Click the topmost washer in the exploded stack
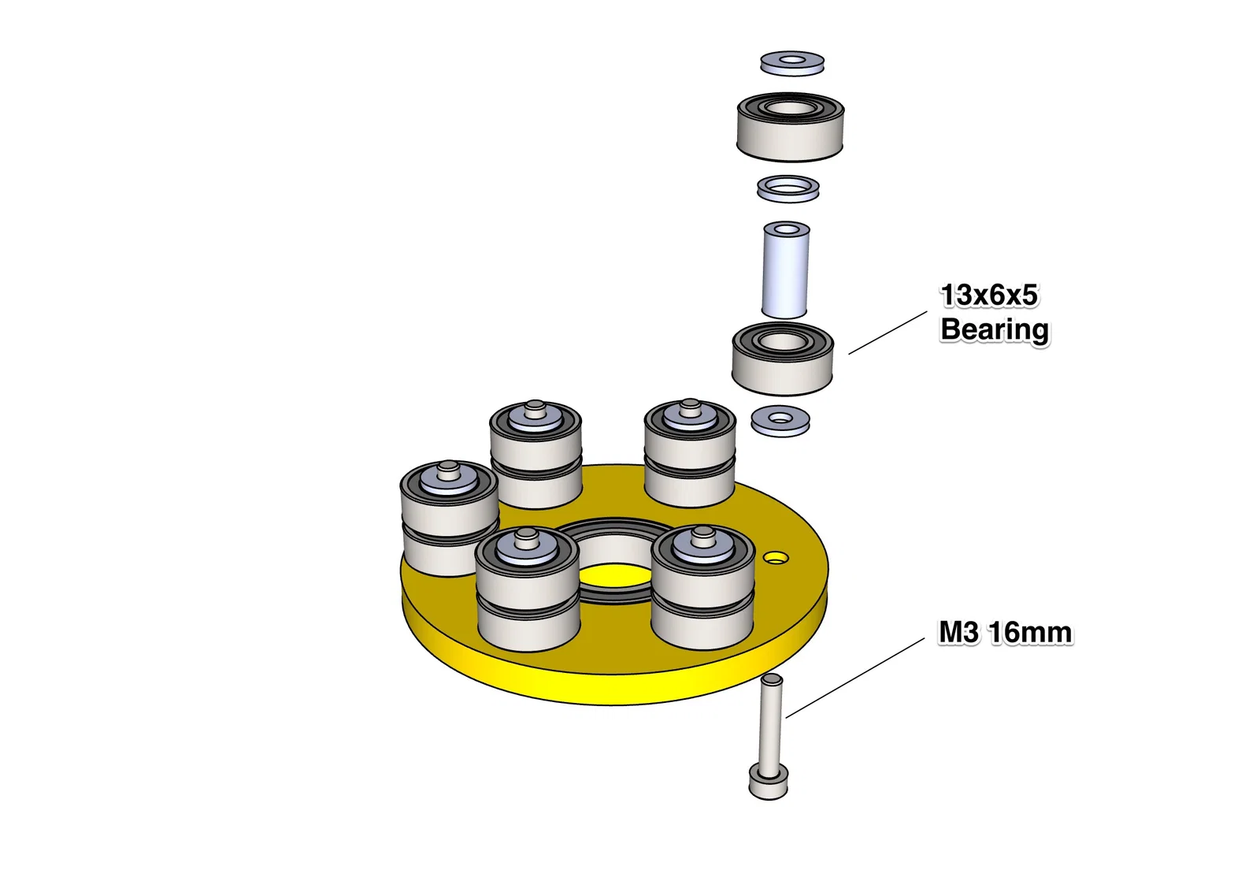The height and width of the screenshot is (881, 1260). pos(792,63)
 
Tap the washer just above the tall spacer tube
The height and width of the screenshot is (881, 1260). pos(788,189)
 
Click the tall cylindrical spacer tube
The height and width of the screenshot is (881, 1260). pos(786,272)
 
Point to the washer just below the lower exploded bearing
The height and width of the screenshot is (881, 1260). pos(780,421)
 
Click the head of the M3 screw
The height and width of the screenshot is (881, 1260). pos(768,783)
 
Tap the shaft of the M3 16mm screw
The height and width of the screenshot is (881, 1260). pos(771,721)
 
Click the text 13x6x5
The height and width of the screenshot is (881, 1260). pos(989,296)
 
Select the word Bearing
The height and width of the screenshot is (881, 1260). pos(994,329)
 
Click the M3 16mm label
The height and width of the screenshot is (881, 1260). pos(1005,633)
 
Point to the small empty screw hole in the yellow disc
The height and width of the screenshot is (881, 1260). pos(776,558)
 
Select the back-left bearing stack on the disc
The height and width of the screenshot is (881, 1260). pos(535,457)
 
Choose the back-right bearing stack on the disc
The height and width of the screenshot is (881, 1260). pos(690,455)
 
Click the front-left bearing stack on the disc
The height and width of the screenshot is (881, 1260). pos(528,591)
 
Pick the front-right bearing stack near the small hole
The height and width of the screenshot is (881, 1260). pos(703,589)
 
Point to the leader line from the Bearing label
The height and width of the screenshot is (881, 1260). pos(888,332)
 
